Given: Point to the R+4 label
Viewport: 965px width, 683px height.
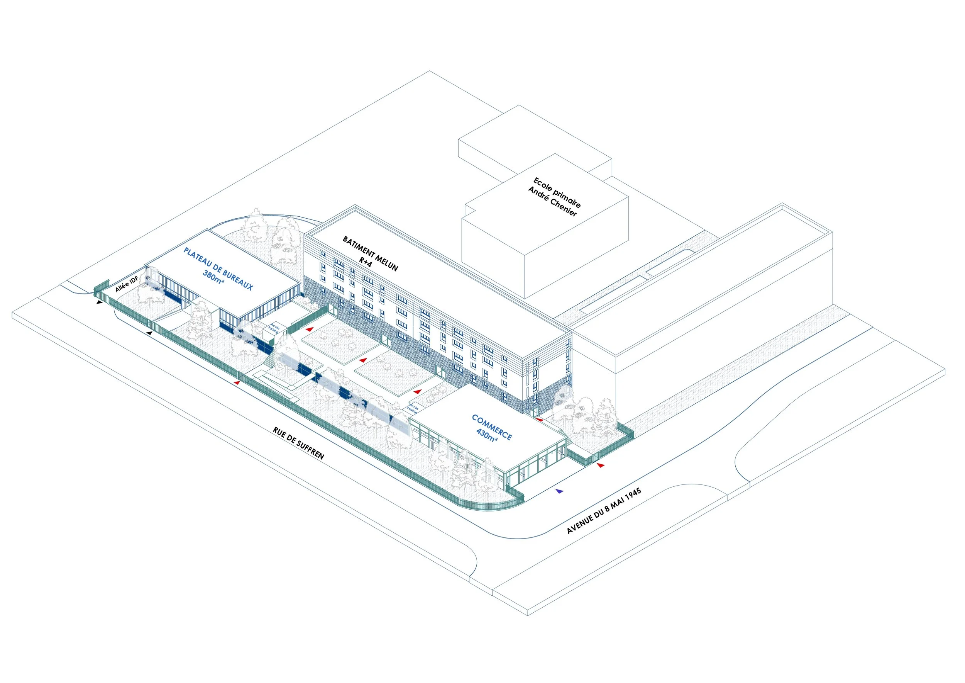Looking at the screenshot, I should pos(365,262).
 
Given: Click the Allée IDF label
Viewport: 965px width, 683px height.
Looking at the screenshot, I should pos(127,284).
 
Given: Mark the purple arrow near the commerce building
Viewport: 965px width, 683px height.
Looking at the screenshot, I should pos(559,491).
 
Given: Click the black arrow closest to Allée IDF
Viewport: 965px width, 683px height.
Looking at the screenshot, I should pos(99,302).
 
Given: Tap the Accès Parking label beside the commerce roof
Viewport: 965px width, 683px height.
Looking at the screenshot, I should pos(413,408).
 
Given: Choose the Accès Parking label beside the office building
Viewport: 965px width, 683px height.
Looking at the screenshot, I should pos(274,328).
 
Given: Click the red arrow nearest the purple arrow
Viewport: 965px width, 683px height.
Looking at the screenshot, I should pos(601,465).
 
